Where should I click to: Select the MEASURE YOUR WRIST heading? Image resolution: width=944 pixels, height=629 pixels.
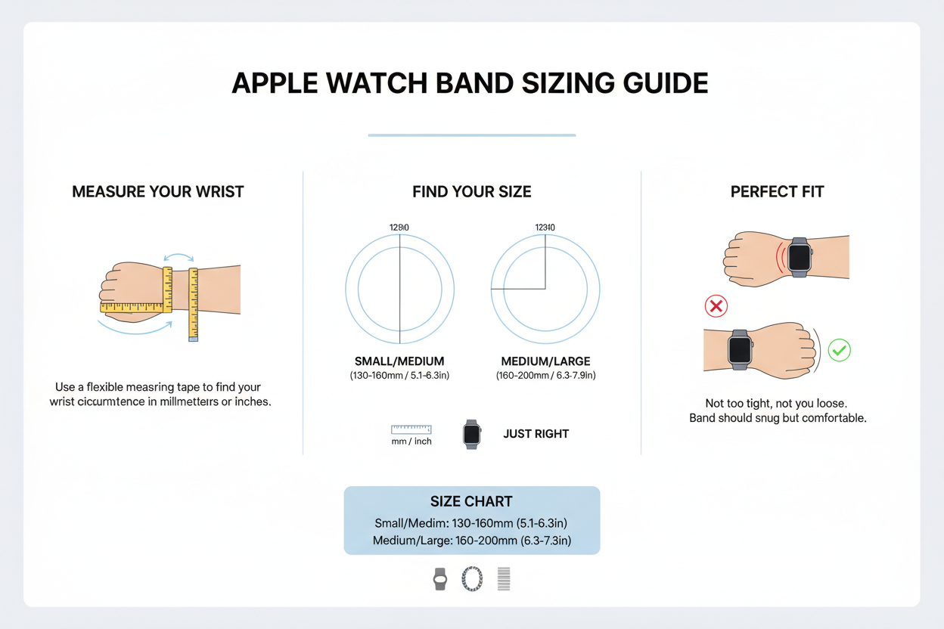(158, 192)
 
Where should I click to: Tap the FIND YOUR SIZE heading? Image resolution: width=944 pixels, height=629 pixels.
(472, 192)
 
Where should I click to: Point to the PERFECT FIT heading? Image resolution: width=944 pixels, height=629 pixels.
(777, 192)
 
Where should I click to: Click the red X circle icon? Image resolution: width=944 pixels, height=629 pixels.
(716, 306)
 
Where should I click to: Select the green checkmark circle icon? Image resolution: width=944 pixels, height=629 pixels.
(839, 350)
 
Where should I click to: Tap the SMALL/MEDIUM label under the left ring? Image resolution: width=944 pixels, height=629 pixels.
(399, 361)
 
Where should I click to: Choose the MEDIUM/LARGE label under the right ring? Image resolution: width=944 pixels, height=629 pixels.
(545, 361)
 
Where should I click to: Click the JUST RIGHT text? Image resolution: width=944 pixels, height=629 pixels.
(536, 434)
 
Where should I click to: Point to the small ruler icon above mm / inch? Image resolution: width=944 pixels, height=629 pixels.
(411, 429)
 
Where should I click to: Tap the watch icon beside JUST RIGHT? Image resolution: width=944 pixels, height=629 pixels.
(471, 434)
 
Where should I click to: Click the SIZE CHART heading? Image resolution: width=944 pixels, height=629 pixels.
(471, 501)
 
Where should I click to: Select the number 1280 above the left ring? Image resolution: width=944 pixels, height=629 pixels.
(399, 228)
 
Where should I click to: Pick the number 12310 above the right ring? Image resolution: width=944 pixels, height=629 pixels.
(545, 228)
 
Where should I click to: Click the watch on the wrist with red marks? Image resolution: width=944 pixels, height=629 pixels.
(799, 257)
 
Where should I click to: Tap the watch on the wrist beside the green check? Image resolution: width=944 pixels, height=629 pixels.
(739, 349)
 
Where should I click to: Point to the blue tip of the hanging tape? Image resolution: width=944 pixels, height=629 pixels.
(194, 339)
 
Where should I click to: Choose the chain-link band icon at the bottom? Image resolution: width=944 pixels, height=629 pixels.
(472, 579)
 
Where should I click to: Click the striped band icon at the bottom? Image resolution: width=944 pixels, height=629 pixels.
(504, 579)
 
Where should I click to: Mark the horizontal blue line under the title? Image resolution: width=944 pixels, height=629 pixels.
(471, 135)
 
